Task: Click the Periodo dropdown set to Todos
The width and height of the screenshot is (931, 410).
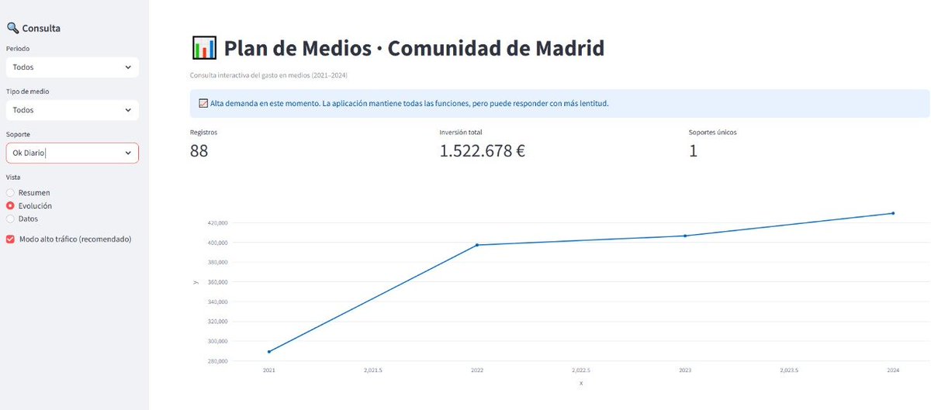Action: coord(71,67)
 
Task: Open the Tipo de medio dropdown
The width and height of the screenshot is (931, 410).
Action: coord(71,110)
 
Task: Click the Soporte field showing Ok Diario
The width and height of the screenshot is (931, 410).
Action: coord(71,153)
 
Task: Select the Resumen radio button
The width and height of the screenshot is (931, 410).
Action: coord(10,192)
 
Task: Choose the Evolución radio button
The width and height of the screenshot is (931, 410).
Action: coord(10,206)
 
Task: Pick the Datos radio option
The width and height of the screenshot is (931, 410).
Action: coord(10,219)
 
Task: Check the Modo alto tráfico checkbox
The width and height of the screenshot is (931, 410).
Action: coord(10,239)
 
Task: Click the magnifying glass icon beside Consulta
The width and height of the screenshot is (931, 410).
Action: coord(12,28)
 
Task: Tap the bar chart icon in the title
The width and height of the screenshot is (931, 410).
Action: coord(203,48)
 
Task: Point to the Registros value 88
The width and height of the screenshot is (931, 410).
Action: coord(199,151)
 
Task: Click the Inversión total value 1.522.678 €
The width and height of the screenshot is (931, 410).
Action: coord(482,151)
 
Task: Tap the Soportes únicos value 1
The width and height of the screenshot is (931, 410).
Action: coord(693,151)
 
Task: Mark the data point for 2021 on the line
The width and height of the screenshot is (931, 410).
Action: coord(269,352)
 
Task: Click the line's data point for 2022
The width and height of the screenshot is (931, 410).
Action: coord(477,245)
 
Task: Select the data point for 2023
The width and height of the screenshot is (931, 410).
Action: coord(685,236)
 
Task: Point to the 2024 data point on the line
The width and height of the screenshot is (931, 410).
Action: coord(893,213)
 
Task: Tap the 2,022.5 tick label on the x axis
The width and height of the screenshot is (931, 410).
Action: coord(581,370)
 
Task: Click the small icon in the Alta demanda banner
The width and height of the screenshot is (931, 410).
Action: coord(203,103)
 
